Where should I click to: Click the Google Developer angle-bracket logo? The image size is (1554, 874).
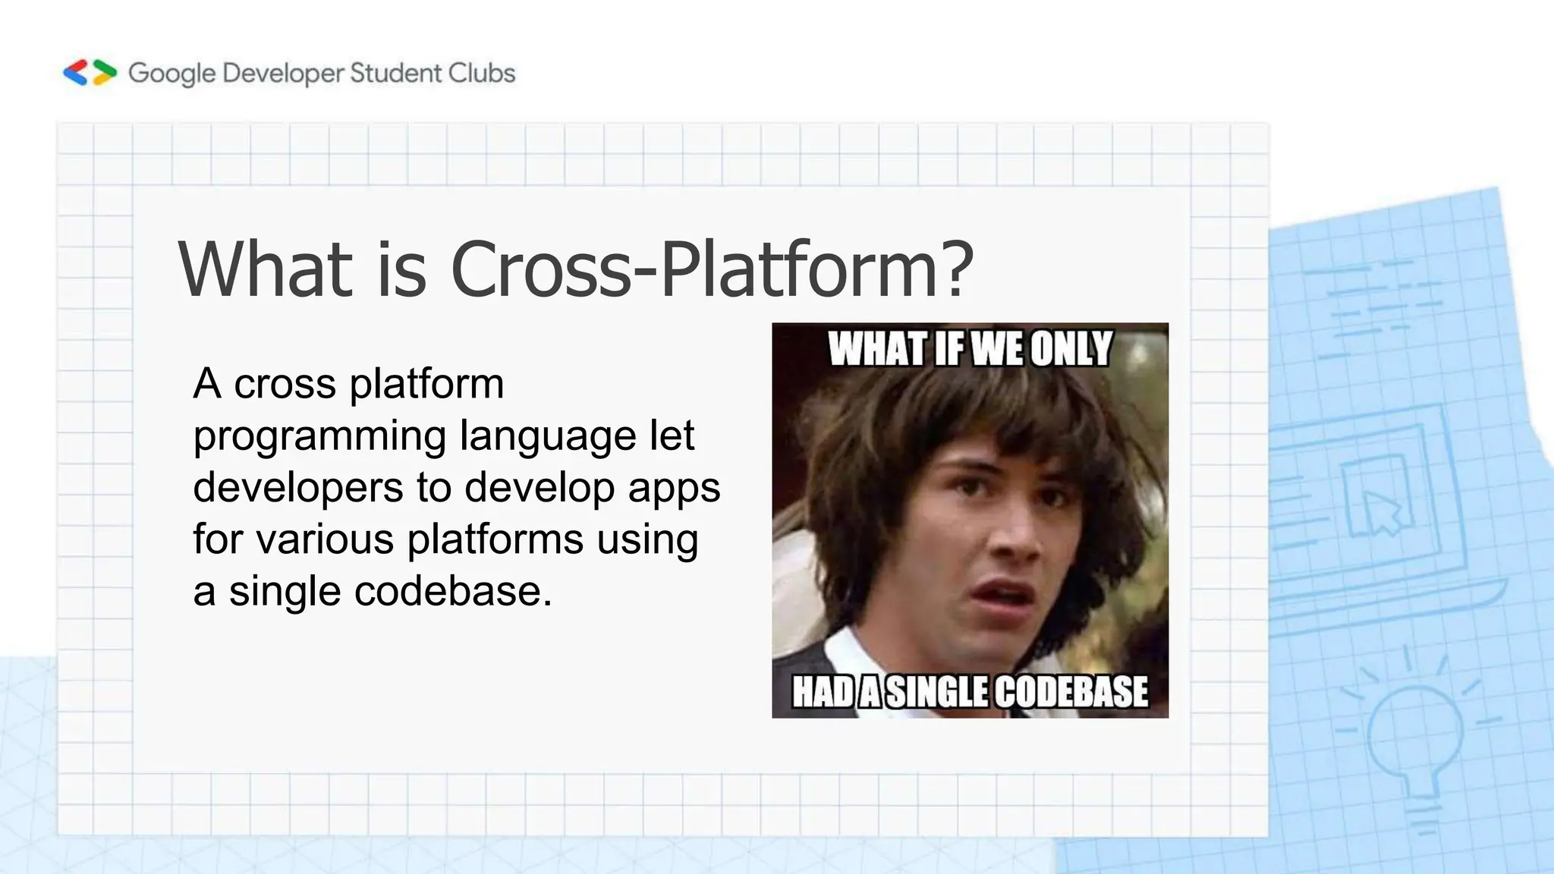pos(90,73)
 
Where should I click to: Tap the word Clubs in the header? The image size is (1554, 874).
pos(482,73)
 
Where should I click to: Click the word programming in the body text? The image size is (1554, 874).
pos(319,437)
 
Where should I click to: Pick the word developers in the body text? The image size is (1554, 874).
pos(298,487)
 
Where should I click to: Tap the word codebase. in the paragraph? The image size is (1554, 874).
pos(453,591)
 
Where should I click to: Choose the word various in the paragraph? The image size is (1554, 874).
pos(325,539)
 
